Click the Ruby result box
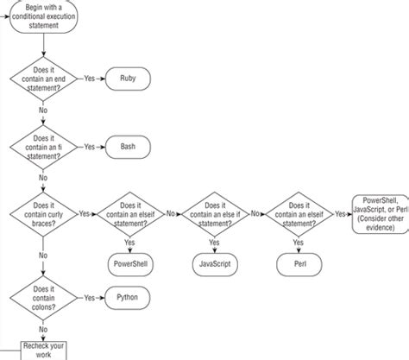(127, 78)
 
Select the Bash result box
(127, 147)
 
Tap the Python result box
(127, 298)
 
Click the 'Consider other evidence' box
(381, 212)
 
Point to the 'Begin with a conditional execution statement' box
(42, 16)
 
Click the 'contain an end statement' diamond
(42, 79)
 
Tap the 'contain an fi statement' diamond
(42, 147)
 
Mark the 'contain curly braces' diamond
(42, 212)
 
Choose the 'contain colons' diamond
(42, 298)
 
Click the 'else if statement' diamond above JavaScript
(211, 212)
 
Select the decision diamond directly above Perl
(297, 212)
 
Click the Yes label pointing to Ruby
(89, 78)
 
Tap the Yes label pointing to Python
(89, 298)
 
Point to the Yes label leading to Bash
(89, 147)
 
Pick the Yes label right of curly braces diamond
(85, 212)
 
